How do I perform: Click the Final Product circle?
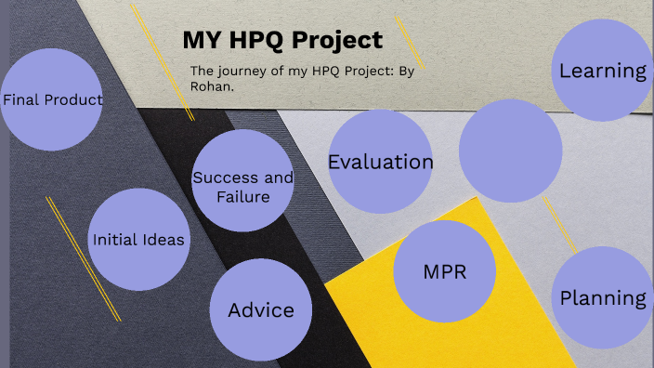(x=51, y=100)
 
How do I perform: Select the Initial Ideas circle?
(x=138, y=239)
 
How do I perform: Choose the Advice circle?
(x=261, y=309)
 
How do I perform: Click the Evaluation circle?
(x=380, y=162)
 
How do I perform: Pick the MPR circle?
(x=444, y=271)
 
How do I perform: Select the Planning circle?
(x=602, y=297)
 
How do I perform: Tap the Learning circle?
(x=602, y=71)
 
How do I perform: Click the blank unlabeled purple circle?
(x=511, y=151)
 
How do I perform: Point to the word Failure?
(x=242, y=196)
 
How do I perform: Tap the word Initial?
(x=113, y=240)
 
